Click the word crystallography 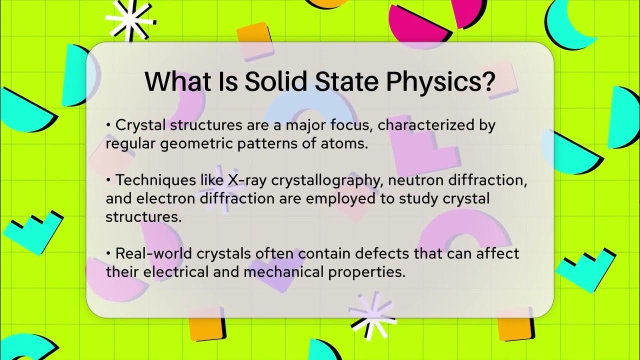(324, 180)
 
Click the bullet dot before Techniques (108, 179)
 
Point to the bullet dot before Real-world (108, 253)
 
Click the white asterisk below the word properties (372, 313)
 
